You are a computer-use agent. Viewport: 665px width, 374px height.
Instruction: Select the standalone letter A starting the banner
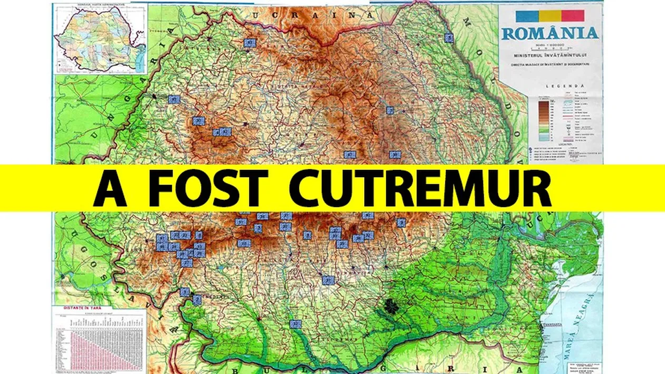coord(110,188)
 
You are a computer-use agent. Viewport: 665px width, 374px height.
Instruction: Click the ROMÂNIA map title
coord(550,33)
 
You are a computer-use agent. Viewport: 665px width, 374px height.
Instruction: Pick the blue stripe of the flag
coord(528,15)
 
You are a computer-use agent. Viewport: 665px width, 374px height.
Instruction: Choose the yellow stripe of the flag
coord(550,15)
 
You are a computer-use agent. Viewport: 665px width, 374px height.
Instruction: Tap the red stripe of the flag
coord(572,15)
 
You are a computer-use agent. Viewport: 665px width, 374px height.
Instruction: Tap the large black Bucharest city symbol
coord(392,304)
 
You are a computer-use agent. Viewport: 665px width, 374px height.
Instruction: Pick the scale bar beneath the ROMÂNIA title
coord(550,46)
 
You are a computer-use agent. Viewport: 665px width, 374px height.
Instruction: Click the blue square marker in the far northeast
coord(449,37)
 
